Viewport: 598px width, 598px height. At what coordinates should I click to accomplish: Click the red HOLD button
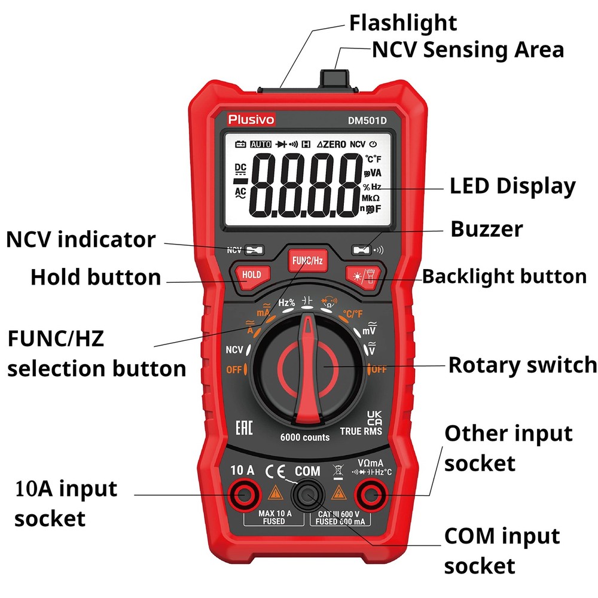[x=252, y=274]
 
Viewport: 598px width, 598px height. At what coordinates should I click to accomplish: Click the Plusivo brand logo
[x=251, y=120]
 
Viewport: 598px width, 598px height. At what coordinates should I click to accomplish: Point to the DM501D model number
[x=368, y=120]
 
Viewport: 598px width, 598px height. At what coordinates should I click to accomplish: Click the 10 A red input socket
[x=244, y=494]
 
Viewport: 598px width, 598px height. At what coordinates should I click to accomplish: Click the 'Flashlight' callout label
[x=402, y=23]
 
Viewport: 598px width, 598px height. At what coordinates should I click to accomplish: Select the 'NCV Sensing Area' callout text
[x=468, y=50]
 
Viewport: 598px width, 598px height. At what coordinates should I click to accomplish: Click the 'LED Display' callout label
[x=512, y=186]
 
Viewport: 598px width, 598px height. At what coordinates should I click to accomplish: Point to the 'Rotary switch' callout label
[x=522, y=364]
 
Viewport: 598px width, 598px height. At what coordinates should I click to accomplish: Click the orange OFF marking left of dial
[x=234, y=370]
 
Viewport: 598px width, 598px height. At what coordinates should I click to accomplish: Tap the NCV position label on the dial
[x=234, y=350]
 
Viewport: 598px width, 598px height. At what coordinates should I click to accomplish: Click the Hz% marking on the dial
[x=287, y=303]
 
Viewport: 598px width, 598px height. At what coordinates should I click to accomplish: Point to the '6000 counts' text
[x=305, y=437]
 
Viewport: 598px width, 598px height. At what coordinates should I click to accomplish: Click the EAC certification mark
[x=244, y=427]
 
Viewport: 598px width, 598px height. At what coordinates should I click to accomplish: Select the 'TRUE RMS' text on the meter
[x=361, y=431]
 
